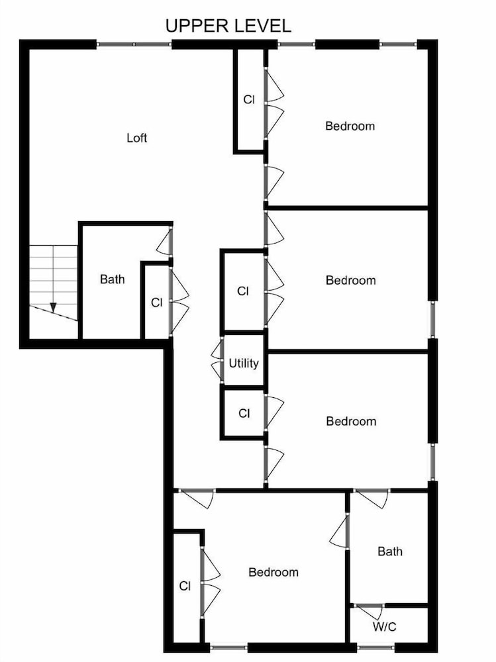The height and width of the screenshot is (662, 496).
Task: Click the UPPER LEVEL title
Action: pos(228,26)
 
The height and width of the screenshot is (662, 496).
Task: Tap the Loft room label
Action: pos(137,138)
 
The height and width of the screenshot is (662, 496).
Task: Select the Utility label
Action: pos(244,363)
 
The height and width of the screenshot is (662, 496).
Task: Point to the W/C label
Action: pos(385,626)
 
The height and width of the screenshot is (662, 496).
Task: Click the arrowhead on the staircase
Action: pos(53,307)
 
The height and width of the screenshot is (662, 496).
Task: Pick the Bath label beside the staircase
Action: pos(113,279)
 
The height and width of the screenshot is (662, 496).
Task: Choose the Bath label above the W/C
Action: pos(390,551)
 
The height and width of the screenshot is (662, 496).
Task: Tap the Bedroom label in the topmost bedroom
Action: pos(350,126)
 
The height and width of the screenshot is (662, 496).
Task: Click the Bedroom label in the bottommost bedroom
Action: pos(273,573)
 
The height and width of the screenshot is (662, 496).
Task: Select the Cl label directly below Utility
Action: pos(244,413)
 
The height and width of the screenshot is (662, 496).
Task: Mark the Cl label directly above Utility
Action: pos(243,291)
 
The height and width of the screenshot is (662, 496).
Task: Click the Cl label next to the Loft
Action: pos(249,100)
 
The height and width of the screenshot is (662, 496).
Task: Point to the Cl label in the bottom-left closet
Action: pos(185,586)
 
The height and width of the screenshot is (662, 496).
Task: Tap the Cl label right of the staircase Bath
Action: pos(157,303)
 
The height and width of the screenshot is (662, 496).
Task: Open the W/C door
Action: pos(369,610)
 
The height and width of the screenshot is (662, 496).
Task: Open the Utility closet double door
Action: pos(217,361)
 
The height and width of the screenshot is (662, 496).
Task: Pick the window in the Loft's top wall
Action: pos(134,44)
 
